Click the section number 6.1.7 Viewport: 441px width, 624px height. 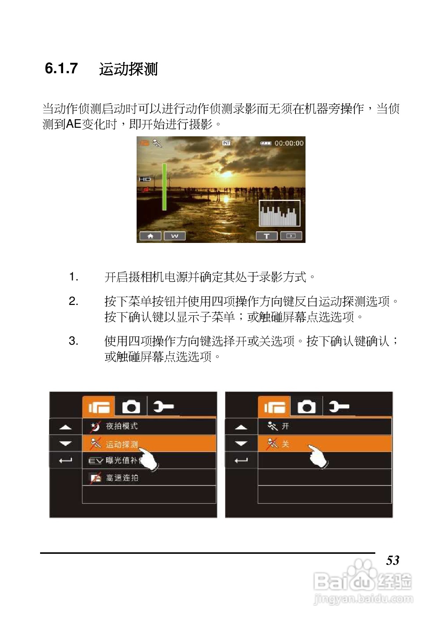pyautogui.click(x=61, y=69)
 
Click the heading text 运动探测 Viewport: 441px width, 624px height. pyautogui.click(x=128, y=69)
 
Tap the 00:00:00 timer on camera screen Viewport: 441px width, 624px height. pyautogui.click(x=289, y=143)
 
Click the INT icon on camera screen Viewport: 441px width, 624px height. pyautogui.click(x=226, y=143)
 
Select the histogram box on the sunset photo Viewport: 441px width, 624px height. pyautogui.click(x=279, y=213)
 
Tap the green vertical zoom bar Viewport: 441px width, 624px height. pyautogui.click(x=164, y=187)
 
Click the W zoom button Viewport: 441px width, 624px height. pyautogui.click(x=174, y=236)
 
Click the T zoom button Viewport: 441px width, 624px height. pyautogui.click(x=267, y=236)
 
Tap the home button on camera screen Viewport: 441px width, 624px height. pyautogui.click(x=150, y=236)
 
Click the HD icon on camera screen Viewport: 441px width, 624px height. pyautogui.click(x=144, y=179)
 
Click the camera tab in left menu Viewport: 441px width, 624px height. pyautogui.click(x=131, y=407)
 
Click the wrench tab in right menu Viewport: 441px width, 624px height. pyautogui.click(x=339, y=407)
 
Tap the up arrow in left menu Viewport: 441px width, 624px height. pyautogui.click(x=66, y=427)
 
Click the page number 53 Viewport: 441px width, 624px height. pyautogui.click(x=392, y=560)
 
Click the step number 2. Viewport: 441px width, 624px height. pyautogui.click(x=73, y=301)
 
